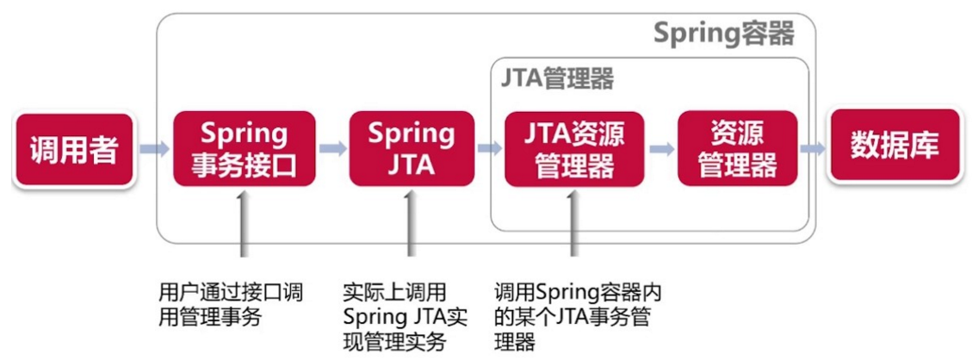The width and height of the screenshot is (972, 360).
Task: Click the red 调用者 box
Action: (73, 150)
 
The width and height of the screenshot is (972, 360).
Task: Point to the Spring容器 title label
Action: (721, 34)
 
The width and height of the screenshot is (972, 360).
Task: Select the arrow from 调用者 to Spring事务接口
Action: (155, 149)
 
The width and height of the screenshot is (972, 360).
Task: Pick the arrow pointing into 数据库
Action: (813, 148)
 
